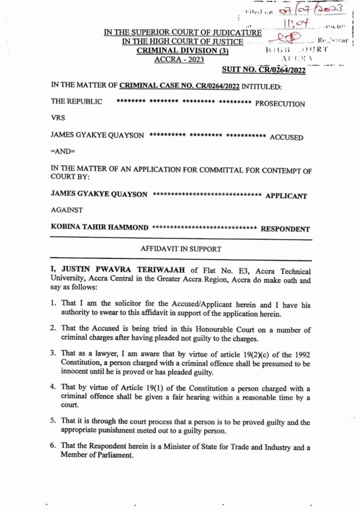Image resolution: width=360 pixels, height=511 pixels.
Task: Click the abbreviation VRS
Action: tap(58, 119)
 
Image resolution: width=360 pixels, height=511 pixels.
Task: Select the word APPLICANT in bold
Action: tap(286, 195)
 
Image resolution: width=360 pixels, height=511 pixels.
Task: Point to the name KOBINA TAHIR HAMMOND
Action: tap(100, 228)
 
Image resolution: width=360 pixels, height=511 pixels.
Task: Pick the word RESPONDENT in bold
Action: tap(285, 230)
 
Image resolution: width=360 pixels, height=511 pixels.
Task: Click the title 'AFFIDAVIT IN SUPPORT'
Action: tap(181, 249)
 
